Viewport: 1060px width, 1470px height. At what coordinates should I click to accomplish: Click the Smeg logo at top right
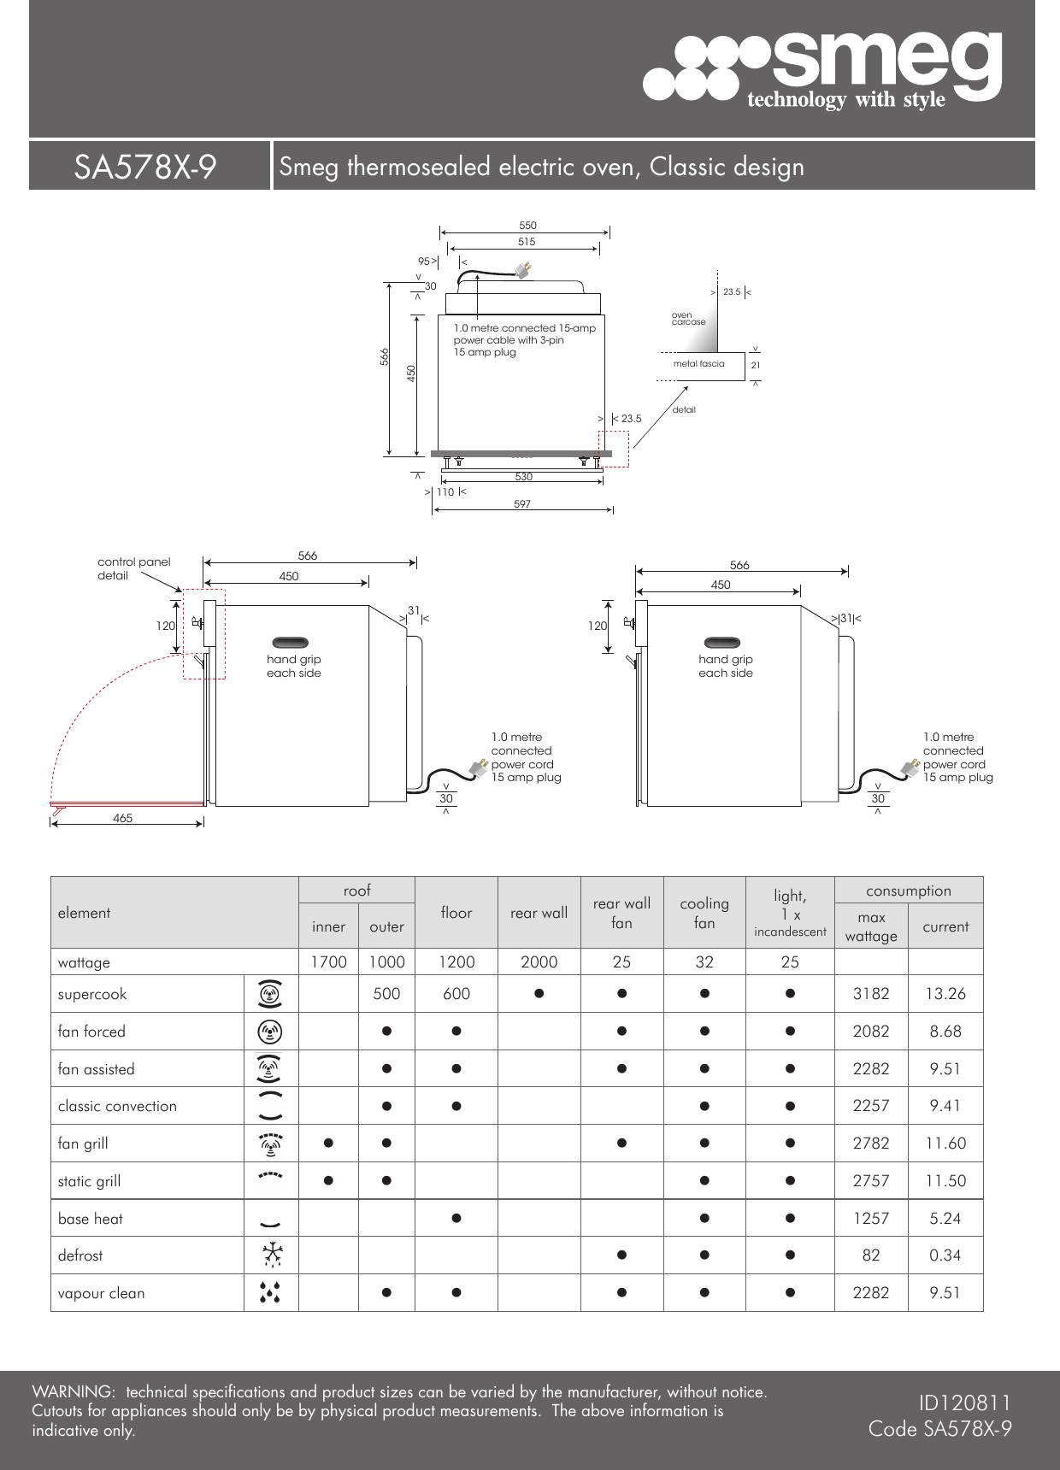coord(822,68)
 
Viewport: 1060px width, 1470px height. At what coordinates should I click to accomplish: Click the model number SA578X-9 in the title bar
coord(145,167)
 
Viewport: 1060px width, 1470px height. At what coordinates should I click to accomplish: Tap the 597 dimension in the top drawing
coord(522,504)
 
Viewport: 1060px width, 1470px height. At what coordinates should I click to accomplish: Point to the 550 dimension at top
coord(527,226)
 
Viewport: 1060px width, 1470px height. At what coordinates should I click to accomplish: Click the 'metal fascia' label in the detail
coord(698,364)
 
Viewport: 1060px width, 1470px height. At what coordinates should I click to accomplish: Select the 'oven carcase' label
coord(688,319)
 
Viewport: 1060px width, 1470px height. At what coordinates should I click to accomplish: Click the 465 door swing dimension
coord(123,818)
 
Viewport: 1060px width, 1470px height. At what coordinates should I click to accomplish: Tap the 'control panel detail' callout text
coord(133,568)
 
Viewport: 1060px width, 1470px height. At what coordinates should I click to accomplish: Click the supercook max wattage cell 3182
coord(871,994)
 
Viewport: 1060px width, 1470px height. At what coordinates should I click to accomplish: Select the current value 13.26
coord(945,994)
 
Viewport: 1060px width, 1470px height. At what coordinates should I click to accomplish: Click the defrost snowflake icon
coord(271,1255)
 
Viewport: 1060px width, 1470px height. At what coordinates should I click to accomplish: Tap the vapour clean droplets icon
coord(269,1292)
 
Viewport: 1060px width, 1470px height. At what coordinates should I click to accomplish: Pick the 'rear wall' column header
coord(539,913)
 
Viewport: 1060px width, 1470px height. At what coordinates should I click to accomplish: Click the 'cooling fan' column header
coord(704,913)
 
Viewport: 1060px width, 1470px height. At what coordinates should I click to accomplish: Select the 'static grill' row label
coord(90,1181)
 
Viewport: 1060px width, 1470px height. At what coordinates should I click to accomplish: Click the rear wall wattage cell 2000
coord(539,962)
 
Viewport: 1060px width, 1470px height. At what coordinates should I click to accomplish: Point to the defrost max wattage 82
coord(871,1255)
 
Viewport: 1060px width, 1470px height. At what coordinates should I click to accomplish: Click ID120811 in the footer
coord(964,1402)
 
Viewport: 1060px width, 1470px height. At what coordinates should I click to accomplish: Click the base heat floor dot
coord(456,1218)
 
